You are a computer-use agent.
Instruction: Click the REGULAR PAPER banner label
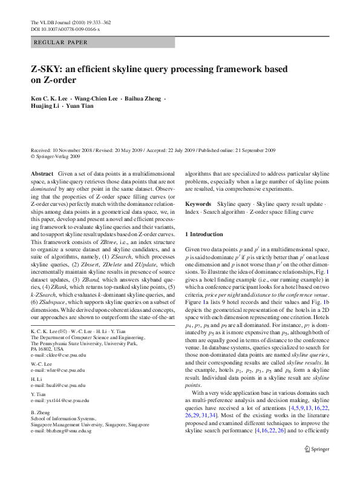click(57, 43)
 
